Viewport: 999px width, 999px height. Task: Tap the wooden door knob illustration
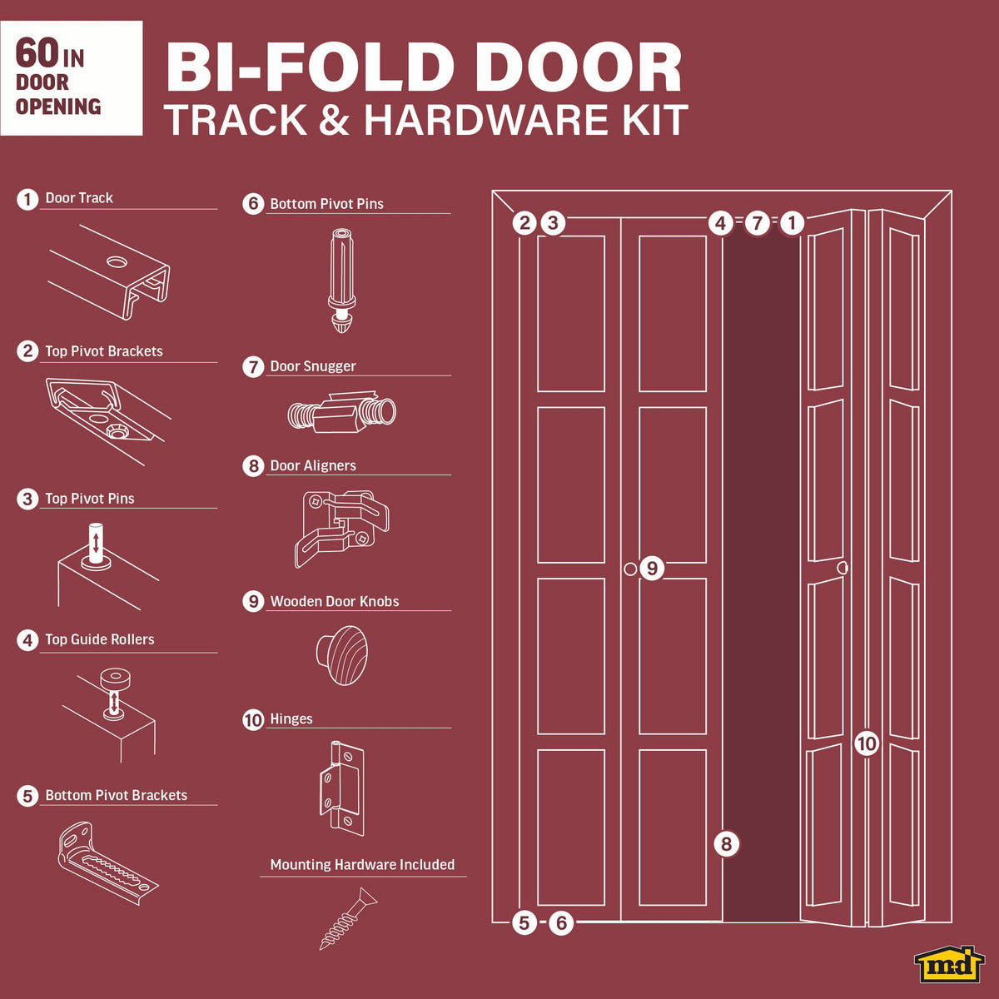(x=342, y=655)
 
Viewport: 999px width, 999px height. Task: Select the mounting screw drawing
(x=348, y=918)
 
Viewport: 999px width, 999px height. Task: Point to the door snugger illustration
(x=341, y=412)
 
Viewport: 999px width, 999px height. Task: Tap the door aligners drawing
(x=341, y=529)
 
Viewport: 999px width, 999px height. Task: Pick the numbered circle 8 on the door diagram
(x=726, y=843)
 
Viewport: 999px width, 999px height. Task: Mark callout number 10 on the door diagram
(x=867, y=744)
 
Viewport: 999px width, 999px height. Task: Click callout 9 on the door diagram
(x=652, y=569)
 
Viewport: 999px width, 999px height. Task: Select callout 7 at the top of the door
(x=758, y=223)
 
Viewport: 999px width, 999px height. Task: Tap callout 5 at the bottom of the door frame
(x=524, y=922)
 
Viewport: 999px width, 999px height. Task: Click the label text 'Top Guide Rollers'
(x=100, y=639)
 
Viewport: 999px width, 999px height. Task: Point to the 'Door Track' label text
(x=79, y=197)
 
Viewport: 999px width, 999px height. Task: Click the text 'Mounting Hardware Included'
(x=362, y=864)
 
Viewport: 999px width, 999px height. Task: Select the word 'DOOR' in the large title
(x=578, y=67)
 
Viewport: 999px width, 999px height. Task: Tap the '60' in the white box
(x=37, y=53)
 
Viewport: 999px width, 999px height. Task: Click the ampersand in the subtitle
(x=335, y=119)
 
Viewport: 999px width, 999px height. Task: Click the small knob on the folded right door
(x=842, y=567)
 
